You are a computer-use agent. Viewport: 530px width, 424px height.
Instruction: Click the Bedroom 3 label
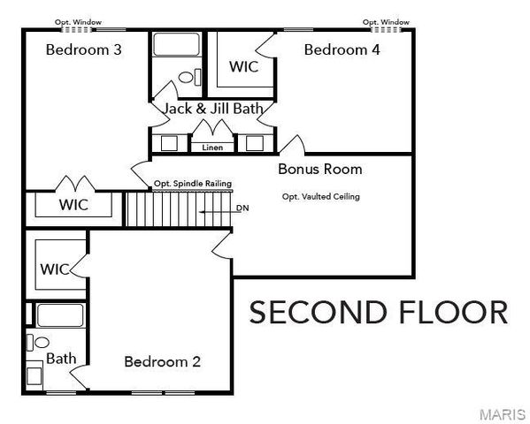point(83,49)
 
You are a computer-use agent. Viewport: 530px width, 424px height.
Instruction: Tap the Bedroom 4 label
point(342,49)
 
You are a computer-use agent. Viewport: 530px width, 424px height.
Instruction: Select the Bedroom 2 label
point(162,361)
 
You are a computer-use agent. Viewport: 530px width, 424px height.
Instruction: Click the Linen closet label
point(212,148)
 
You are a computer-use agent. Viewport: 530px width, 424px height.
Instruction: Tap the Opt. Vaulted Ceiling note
point(320,197)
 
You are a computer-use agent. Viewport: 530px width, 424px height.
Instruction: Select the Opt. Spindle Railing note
point(193,184)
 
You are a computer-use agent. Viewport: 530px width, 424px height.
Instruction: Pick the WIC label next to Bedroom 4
point(243,67)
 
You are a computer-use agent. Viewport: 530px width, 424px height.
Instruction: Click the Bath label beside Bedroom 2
point(61,359)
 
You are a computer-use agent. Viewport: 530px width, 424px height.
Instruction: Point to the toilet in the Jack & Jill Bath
point(187,79)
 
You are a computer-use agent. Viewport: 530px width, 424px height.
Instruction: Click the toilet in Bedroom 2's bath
point(41,342)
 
